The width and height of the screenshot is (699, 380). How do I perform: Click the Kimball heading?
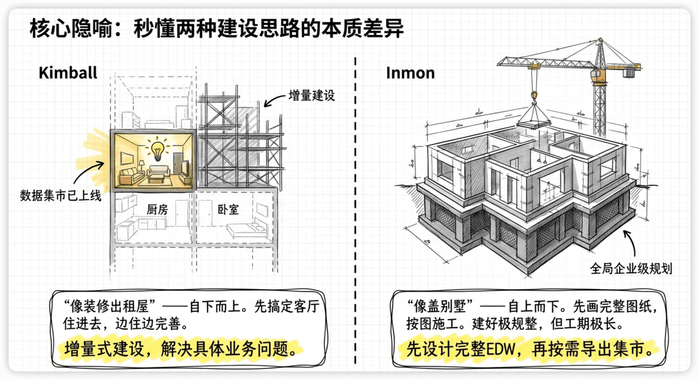pos(68,73)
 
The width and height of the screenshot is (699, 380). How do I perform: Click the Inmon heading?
pos(410,73)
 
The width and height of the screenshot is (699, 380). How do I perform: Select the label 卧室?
pos(228,209)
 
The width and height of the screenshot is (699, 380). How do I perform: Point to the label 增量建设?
pos(312,95)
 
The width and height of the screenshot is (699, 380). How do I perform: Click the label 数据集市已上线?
pos(61,195)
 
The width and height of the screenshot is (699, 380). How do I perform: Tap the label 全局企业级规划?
pos(631,269)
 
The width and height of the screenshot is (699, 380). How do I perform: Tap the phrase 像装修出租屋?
pos(109,306)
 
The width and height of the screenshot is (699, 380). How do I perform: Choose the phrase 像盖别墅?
pos(440,306)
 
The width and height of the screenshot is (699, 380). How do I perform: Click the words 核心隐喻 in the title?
pos(71,29)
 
